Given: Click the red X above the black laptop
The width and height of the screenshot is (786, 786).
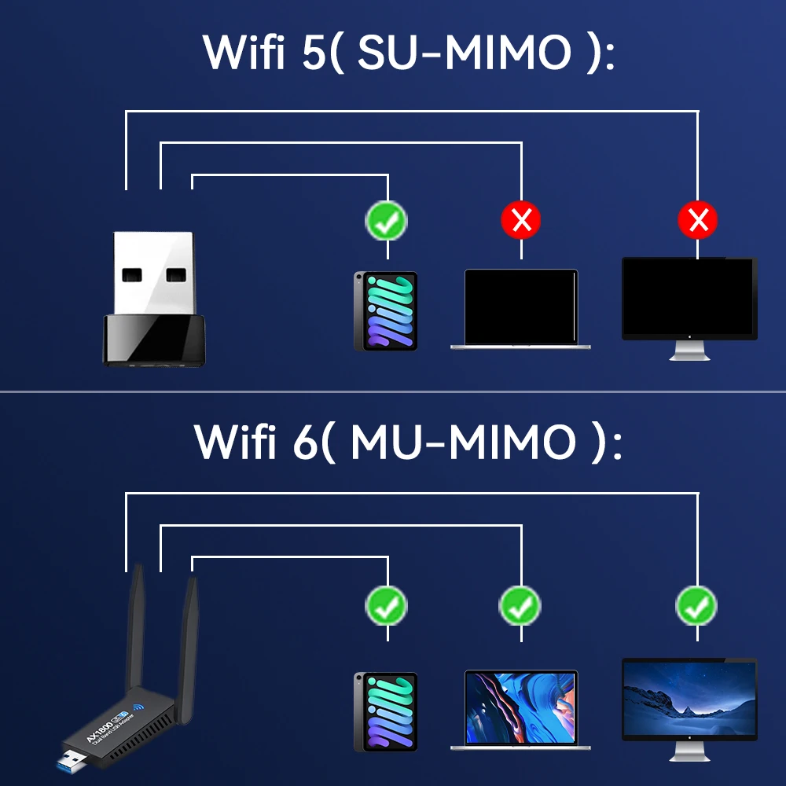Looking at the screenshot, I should (x=521, y=221).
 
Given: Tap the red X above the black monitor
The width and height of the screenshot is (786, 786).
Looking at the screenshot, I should (x=698, y=221).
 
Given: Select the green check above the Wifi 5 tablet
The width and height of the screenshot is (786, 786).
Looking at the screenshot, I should (x=387, y=221).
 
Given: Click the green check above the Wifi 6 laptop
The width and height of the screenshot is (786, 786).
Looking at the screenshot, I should (x=520, y=605).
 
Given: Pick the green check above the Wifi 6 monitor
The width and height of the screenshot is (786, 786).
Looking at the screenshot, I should (x=696, y=605).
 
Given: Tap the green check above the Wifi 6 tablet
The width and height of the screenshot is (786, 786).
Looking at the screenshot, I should (x=387, y=605).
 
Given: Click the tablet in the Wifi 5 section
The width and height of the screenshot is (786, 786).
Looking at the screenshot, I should (x=386, y=310).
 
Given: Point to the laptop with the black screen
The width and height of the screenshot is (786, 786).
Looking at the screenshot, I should (x=521, y=308).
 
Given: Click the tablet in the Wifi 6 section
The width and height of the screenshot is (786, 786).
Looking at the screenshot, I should (x=386, y=711).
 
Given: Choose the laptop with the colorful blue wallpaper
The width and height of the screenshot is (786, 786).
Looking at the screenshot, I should (x=521, y=707).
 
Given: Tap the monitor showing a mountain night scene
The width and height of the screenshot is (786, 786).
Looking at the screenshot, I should (x=689, y=700).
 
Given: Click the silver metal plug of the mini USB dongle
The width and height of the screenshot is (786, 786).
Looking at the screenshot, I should (x=154, y=272).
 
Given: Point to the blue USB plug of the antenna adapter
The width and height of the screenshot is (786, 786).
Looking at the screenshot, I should (x=72, y=763).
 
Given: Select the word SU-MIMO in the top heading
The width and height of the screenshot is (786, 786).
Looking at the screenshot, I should (x=464, y=53).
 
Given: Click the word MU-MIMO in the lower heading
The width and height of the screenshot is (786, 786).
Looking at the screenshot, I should (x=464, y=443).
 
